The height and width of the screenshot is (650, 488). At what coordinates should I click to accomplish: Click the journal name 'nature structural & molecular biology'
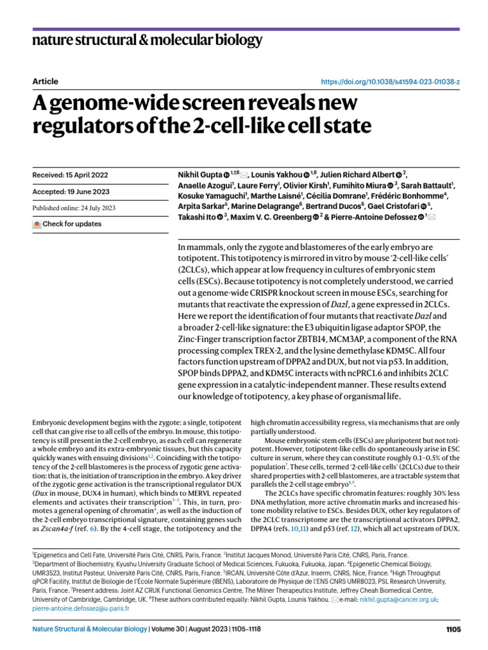(147, 41)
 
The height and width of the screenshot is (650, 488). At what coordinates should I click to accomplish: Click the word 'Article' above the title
(44, 81)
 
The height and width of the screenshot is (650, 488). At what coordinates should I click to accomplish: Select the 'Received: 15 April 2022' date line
(70, 157)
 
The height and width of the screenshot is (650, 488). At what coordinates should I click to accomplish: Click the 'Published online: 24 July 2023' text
(74, 207)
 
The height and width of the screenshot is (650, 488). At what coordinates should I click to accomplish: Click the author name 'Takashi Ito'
(194, 216)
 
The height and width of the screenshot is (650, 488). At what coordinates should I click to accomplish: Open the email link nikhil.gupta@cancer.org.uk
(390, 599)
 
